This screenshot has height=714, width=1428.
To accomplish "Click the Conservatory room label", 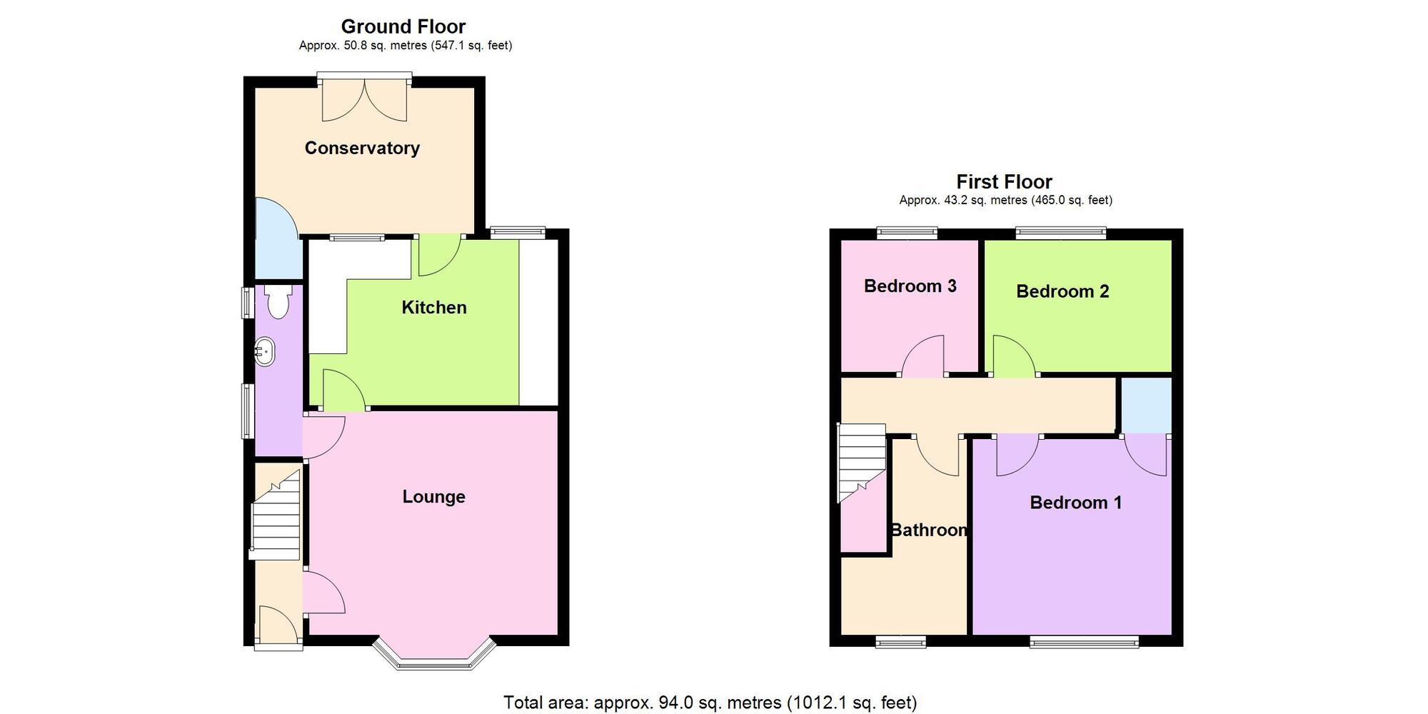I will coord(362,148).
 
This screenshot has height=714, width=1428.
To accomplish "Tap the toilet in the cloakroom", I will coord(277,302).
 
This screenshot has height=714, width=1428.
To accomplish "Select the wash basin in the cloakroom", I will coord(265,352).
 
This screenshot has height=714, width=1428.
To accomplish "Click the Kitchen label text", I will coord(433,307).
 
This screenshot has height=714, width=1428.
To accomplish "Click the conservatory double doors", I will coord(364,99).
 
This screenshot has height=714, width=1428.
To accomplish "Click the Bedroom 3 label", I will coord(910,286).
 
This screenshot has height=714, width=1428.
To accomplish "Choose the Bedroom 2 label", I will coord(1062,291).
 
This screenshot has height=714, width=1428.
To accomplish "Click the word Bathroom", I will coord(928,530).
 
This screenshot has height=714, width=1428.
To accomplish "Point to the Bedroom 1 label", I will coord(1075,503).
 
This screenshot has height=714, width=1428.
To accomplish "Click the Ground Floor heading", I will coord(403,26).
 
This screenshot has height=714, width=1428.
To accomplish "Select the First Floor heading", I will coord(1004,181).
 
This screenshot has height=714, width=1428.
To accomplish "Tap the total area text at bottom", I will coord(710,703).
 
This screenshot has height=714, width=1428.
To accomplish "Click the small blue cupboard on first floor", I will coord(1146,405).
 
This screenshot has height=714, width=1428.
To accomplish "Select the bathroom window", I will coord(900,641).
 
